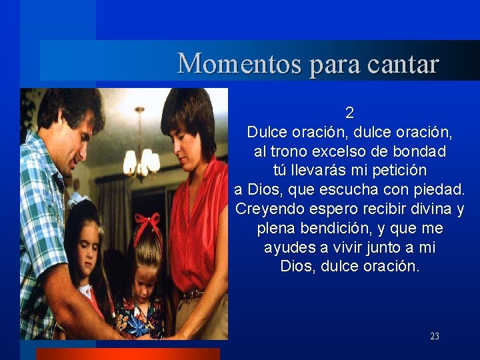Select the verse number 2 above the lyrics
click(349, 113)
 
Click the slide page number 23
click(434, 337)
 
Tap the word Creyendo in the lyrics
click(264, 209)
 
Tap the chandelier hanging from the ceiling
click(141, 157)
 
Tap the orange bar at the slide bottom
click(127, 354)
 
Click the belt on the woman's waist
click(197, 294)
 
